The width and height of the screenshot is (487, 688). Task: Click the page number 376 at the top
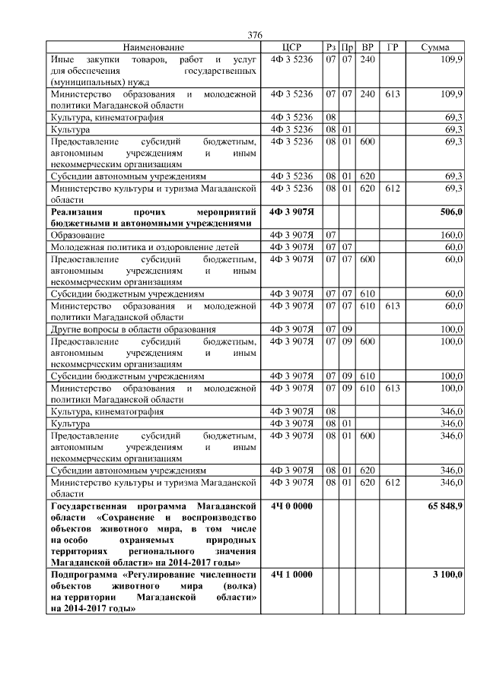255,36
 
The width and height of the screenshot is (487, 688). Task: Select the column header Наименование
153,47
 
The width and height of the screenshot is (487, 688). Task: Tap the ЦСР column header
291,47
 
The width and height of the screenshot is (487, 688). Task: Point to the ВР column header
368,47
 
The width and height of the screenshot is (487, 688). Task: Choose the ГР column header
392,47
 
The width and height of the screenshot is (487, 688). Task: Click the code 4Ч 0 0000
291,506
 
